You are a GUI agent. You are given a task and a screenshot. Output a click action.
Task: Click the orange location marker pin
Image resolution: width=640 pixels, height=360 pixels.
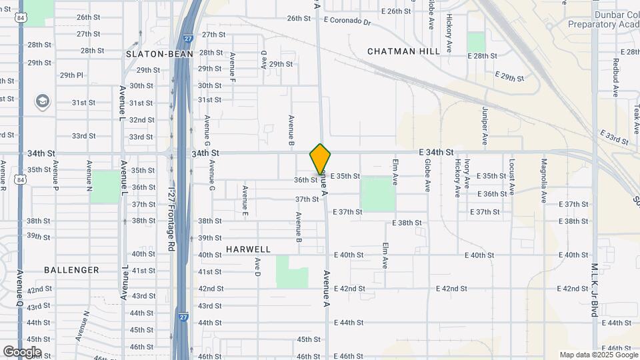point(320,159)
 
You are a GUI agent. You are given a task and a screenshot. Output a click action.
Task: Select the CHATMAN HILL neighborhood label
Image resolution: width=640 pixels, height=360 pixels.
point(403,51)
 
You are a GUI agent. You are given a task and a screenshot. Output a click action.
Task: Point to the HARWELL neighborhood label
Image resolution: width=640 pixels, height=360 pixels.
point(248,249)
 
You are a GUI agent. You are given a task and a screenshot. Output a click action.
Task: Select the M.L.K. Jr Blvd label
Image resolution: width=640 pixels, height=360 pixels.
point(594,289)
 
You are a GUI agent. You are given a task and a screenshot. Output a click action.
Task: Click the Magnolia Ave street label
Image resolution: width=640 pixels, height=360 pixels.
point(544,180)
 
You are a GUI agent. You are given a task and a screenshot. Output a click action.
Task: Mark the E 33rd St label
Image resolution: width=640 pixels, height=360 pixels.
point(614,138)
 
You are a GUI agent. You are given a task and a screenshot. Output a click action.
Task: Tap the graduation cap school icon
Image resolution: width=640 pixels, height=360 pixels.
point(43,101)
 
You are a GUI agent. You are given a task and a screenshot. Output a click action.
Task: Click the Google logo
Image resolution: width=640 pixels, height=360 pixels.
point(22,351)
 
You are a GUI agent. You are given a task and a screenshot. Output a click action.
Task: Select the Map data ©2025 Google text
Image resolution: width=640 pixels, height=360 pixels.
point(597,355)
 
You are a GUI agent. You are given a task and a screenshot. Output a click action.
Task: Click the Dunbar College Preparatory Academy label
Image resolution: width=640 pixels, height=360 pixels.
point(603,19)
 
